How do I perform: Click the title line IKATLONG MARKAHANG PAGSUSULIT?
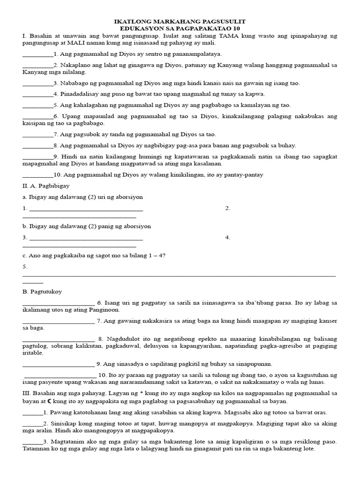coord(180,22)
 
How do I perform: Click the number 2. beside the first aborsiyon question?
coord(228,208)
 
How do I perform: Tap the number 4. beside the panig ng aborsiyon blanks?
coord(228,237)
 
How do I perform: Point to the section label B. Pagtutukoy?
coord(42,292)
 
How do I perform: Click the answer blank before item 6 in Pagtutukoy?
coord(59,304)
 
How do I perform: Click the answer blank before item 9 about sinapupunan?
coord(59,365)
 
